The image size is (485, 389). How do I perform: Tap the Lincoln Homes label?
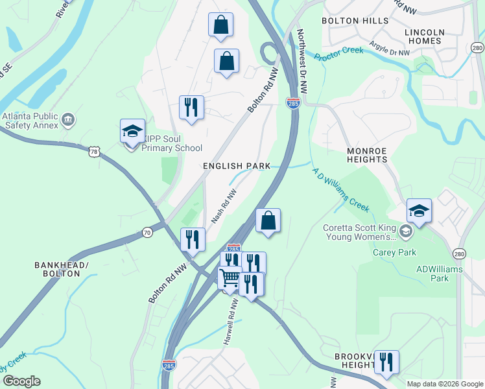424,36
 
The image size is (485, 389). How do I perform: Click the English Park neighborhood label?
236,166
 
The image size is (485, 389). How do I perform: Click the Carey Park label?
394,252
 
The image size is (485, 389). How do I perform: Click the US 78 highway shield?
95,151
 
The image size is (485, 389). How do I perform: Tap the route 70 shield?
148,232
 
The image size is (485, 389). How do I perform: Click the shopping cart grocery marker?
230,279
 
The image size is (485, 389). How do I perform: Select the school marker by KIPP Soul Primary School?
132,132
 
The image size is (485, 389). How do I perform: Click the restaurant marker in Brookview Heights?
386,363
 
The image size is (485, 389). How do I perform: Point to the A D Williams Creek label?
340,190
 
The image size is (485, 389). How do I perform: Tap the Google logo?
21,381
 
